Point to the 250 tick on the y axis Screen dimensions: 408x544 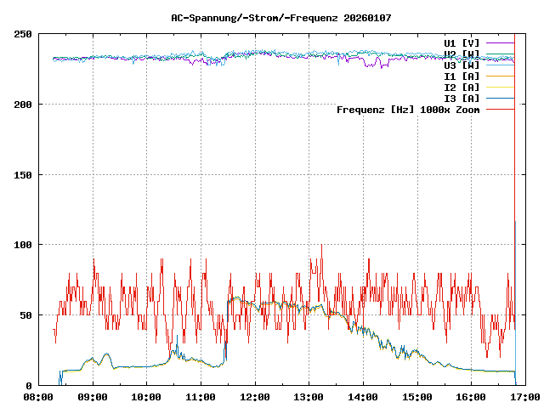[23, 34]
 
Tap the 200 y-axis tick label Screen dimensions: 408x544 [23, 105]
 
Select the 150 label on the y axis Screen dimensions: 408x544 [23, 175]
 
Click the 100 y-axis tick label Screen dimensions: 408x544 [23, 245]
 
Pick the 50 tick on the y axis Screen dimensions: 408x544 [25, 315]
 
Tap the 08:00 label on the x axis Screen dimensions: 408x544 [38, 397]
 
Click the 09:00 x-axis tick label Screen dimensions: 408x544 [93, 397]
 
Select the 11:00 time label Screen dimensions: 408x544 [201, 397]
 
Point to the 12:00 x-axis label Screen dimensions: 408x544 [255, 397]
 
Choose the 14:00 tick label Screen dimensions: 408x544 [363, 397]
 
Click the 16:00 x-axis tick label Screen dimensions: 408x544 [471, 397]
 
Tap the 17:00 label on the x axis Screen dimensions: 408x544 [524, 397]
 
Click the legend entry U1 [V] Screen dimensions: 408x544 [462, 42]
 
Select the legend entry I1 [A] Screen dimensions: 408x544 [462, 76]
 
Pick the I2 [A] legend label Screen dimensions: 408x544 [462, 87]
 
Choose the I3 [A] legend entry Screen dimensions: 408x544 [462, 98]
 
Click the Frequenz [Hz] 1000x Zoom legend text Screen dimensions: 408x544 [408, 109]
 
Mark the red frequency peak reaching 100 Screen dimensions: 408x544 [321, 246]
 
